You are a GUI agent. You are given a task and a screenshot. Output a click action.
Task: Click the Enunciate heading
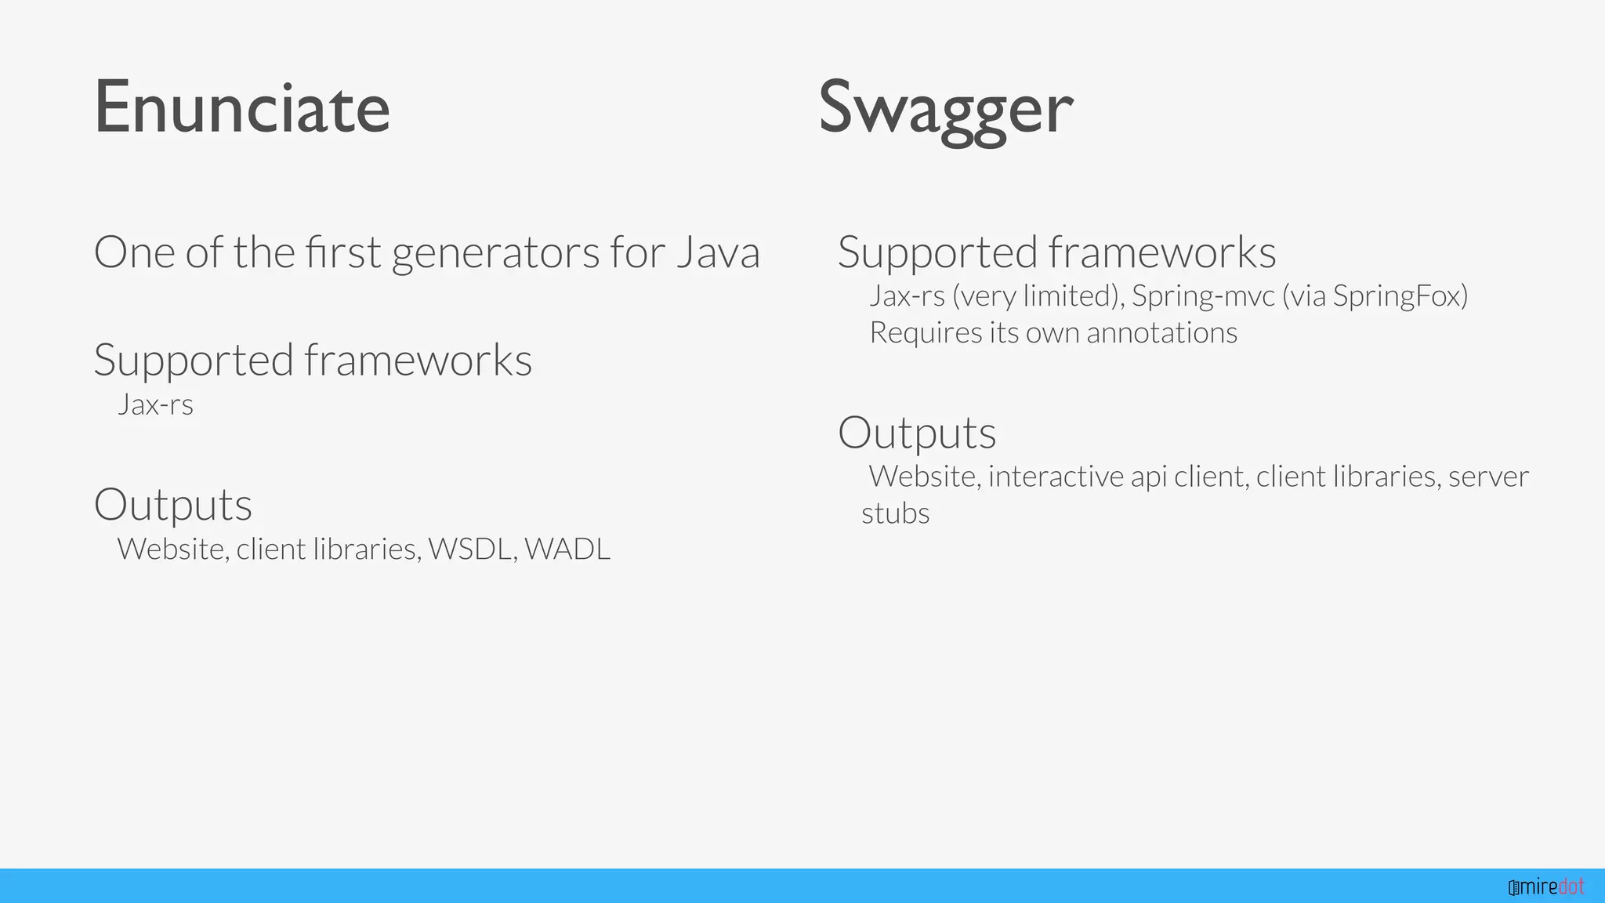pos(241,107)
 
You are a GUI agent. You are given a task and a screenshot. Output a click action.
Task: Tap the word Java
pos(718,252)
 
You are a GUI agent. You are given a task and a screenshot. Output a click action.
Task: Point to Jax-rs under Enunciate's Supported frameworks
pos(155,404)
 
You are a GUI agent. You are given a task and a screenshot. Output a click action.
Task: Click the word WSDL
pos(471,549)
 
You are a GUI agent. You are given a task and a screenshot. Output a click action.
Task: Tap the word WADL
pos(567,549)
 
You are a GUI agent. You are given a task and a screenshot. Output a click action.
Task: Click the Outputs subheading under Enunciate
pos(173,504)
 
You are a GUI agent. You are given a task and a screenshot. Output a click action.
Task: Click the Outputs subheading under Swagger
pos(917,433)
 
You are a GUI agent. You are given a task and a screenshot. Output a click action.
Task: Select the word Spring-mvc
pos(1203,296)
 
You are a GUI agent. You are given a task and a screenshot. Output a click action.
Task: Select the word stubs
pos(895,513)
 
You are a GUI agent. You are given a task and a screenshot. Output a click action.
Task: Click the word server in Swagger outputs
pos(1488,477)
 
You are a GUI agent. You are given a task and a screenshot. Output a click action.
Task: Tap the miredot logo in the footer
pos(1546,887)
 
